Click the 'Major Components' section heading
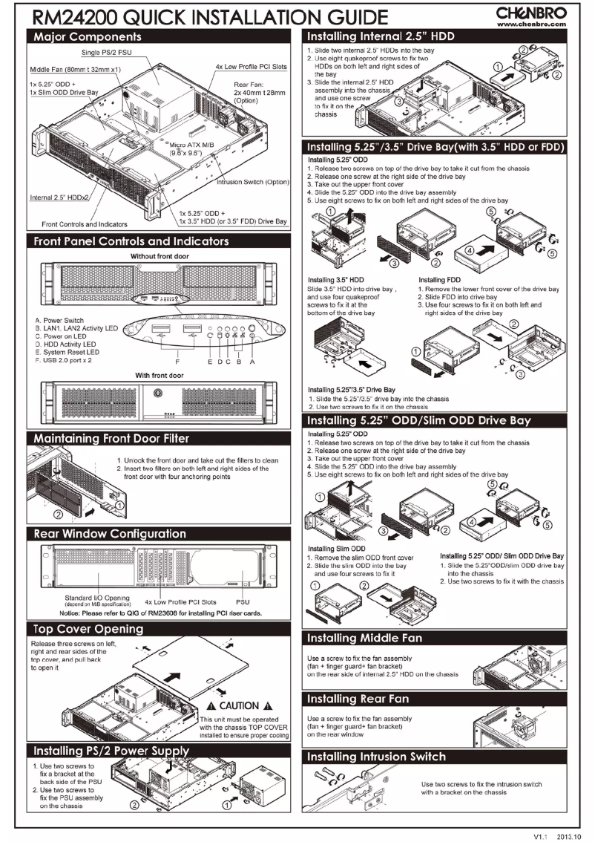tap(80, 36)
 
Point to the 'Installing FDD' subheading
tap(441, 280)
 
